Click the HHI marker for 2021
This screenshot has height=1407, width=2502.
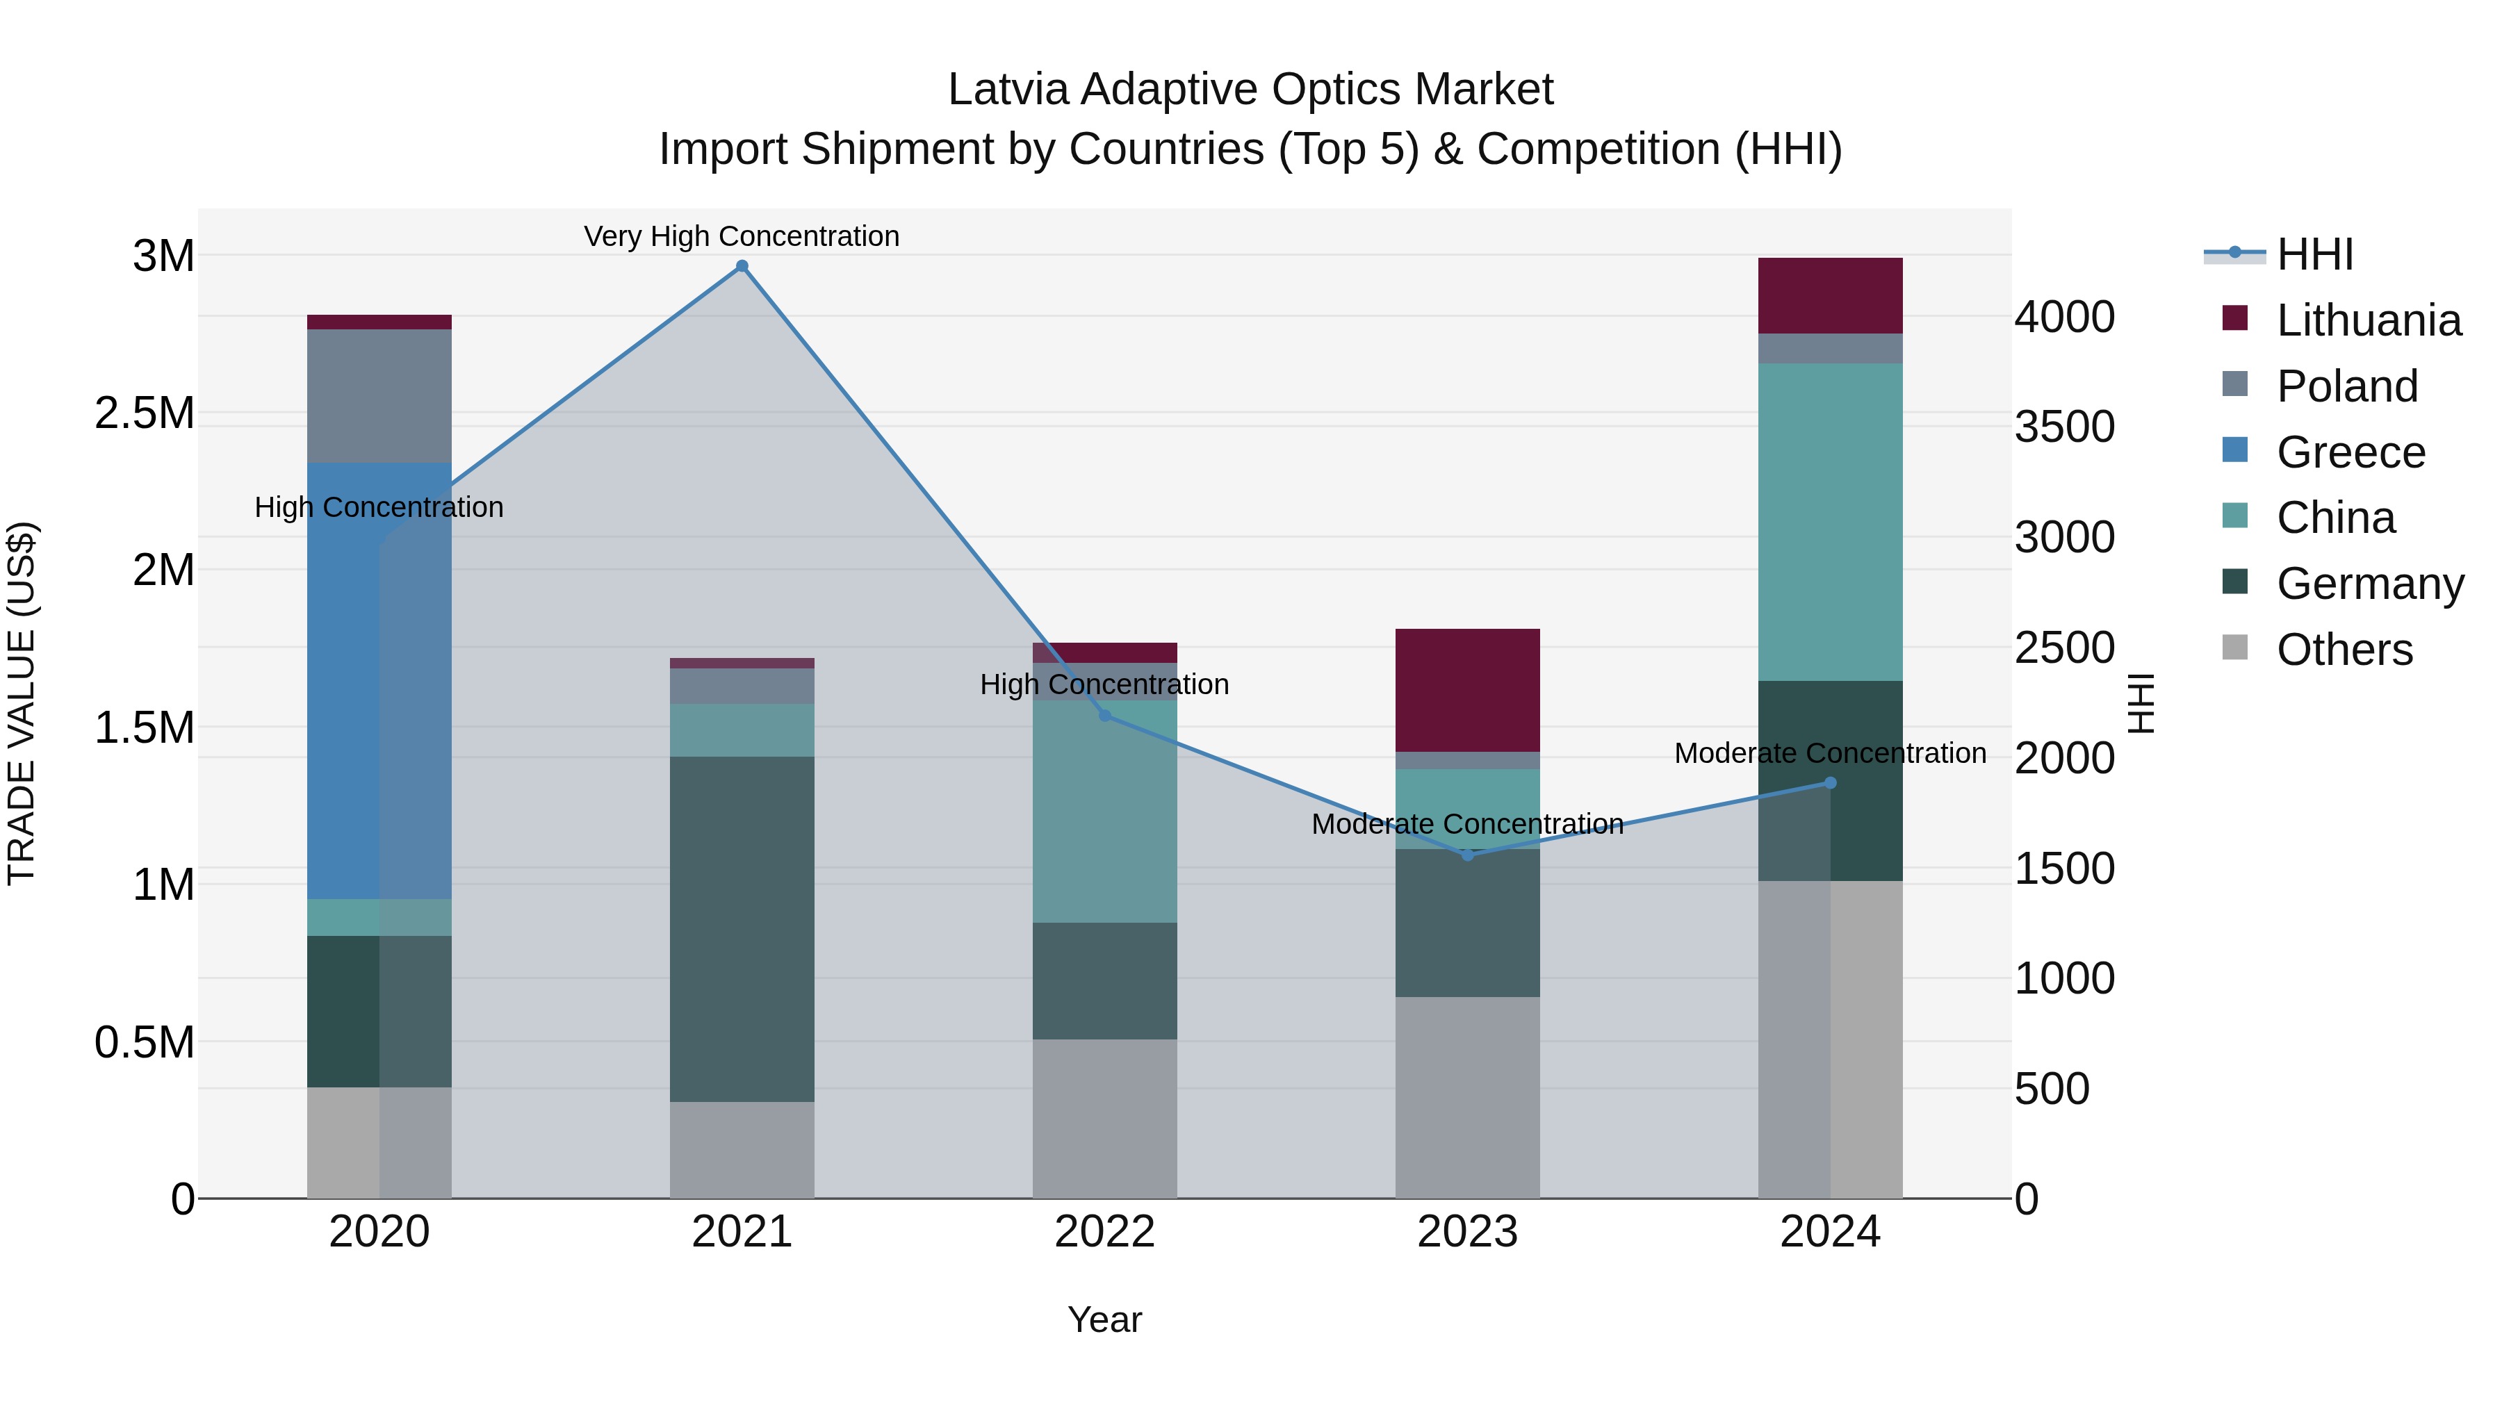[742, 266]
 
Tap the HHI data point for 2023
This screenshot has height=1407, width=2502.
[1468, 855]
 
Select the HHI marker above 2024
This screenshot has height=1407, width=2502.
[1830, 782]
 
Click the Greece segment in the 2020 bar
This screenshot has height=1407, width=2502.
[343, 680]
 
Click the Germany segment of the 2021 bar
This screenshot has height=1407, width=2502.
[742, 928]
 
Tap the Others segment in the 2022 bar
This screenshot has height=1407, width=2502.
[1104, 1119]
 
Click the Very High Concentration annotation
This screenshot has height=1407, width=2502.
[742, 236]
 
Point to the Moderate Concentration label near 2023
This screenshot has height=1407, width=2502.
[1468, 823]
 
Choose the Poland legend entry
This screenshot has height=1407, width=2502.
[2346, 386]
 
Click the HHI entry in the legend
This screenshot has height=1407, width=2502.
[2314, 254]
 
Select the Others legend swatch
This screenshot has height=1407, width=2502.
[2235, 648]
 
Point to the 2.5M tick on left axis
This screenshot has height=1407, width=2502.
[144, 413]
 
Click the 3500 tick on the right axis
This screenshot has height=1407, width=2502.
[2064, 427]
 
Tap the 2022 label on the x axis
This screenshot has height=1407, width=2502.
[1104, 1232]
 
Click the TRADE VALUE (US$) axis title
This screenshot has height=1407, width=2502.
[22, 703]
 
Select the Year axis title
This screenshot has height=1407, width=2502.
[1104, 1319]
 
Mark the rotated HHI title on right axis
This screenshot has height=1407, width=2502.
[2141, 703]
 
